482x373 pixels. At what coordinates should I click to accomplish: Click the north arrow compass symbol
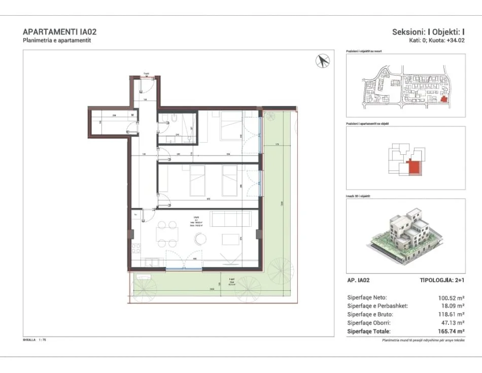coord(323,61)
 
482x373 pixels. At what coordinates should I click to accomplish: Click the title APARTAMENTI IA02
coord(60,31)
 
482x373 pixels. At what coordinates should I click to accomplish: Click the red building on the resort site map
coord(444,99)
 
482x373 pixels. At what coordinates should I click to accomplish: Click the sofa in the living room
coord(231,219)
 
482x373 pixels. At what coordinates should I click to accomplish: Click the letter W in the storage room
coord(132,115)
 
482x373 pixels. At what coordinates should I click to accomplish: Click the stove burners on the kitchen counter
coord(136,248)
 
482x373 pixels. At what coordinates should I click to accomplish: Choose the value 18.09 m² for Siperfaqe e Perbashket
coord(452,306)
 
